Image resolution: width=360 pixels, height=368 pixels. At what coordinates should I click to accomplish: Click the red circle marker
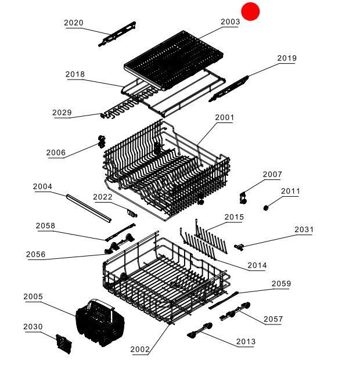coord(250,11)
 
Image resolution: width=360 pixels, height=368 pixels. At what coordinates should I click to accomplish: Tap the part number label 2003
coord(230,22)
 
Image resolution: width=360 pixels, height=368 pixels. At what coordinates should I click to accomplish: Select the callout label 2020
coord(73,23)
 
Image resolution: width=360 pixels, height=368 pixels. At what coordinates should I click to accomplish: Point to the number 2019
coord(286,58)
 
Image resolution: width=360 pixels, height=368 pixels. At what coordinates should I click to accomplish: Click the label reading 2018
coord(75,74)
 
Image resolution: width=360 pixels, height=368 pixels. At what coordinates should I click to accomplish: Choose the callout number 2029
coord(62,113)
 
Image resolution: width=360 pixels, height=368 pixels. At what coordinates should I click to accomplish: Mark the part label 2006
coord(56,153)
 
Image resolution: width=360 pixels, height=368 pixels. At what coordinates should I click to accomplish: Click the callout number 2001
coord(224,117)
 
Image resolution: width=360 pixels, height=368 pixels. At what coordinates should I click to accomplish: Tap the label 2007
coord(272,174)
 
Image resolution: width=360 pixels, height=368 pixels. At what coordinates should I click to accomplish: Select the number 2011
coord(290,191)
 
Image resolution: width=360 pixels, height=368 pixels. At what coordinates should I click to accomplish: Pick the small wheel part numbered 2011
coord(267,207)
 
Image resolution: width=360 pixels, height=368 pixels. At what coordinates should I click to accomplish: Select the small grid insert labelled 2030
coord(64,344)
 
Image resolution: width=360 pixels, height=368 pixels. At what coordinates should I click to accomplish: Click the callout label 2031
coord(304,229)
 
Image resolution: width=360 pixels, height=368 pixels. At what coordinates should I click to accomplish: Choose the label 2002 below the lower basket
coord(140,349)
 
